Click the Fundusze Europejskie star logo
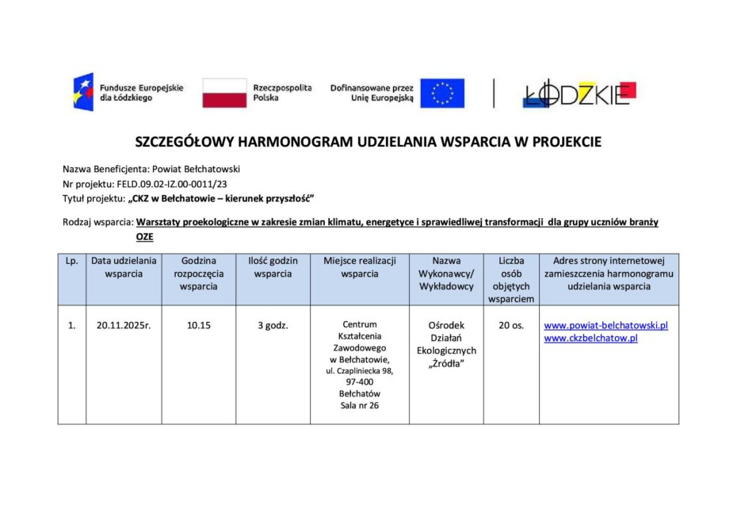pos(83,92)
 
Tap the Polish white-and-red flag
pos(224,93)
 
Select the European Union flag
pos(442,93)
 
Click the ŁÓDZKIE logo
pos(579,94)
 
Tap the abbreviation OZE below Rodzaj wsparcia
pos(145,237)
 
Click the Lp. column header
pos(71,261)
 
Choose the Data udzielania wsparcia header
pos(124,267)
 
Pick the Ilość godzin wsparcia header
pos(273,267)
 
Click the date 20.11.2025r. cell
pos(124,325)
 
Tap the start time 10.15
pos(199,325)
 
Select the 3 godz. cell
pos(273,325)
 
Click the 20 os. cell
pos(511,325)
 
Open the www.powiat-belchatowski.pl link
pos(606,325)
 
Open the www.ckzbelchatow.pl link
pos(590,338)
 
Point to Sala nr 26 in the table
pos(359,406)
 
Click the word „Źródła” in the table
pos(446,363)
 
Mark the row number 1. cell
pos(71,325)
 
